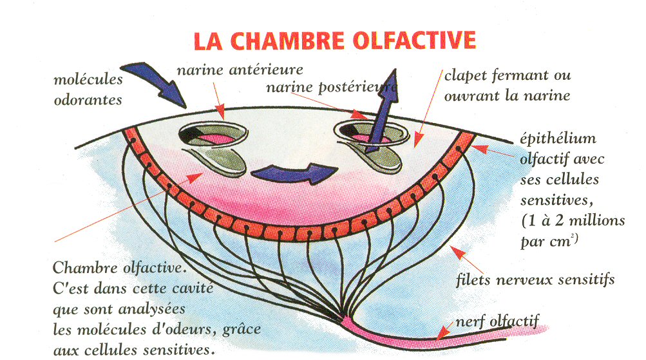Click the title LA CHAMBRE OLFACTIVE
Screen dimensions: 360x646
tap(335, 40)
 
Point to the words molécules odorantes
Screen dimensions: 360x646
tap(88, 90)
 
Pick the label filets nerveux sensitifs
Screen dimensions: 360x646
tap(535, 279)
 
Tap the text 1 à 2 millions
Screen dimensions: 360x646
tap(573, 221)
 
